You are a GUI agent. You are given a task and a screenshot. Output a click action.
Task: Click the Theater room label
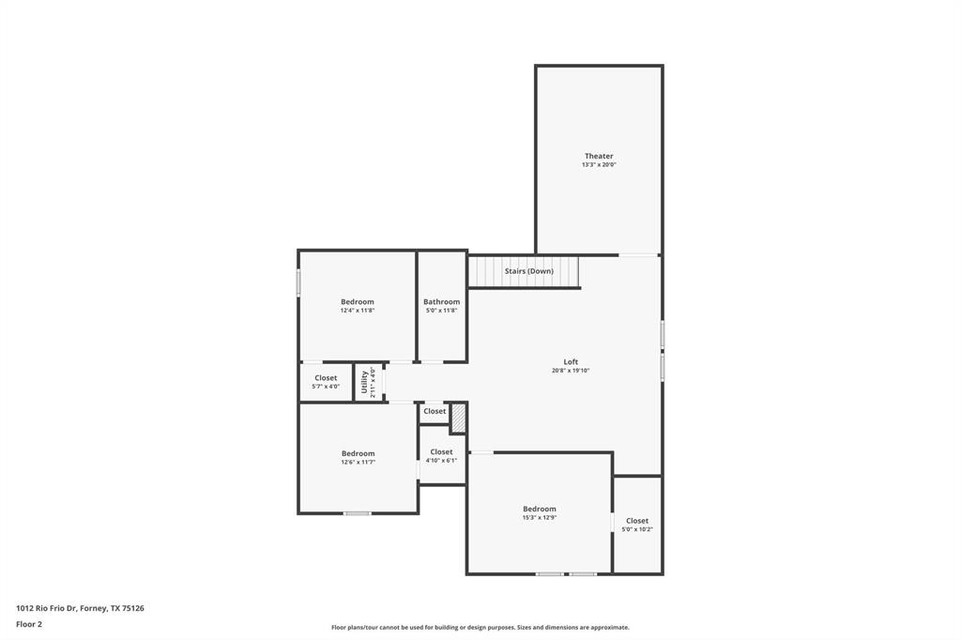[599, 156]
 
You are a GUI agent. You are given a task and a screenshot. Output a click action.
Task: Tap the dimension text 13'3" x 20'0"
[599, 165]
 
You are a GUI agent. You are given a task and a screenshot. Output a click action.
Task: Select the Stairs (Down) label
[528, 271]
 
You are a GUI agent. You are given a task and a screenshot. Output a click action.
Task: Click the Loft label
[571, 361]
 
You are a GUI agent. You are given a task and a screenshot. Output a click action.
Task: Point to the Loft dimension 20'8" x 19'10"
[571, 371]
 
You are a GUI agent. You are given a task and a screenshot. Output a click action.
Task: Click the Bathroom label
[441, 302]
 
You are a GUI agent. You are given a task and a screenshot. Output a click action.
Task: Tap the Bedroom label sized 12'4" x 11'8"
[357, 302]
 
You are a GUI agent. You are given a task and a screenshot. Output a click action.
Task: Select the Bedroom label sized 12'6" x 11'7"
[358, 453]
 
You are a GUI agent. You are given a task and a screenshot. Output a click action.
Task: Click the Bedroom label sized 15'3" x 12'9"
[540, 509]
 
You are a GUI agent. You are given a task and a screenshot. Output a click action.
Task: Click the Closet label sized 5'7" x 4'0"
[326, 378]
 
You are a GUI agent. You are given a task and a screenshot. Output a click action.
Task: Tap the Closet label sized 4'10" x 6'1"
[441, 452]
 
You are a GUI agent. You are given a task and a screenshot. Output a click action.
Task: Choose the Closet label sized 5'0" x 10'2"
[637, 521]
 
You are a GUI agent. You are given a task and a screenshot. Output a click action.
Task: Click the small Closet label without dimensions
[435, 411]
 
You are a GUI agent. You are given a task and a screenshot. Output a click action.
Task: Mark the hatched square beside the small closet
[458, 419]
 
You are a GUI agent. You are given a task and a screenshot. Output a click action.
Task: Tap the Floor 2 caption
[29, 624]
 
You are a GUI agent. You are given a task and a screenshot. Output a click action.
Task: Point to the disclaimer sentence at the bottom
[480, 628]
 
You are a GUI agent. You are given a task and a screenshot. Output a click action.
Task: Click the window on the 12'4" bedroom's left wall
[298, 282]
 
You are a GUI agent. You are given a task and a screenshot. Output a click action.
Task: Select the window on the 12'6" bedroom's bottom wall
[357, 513]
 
